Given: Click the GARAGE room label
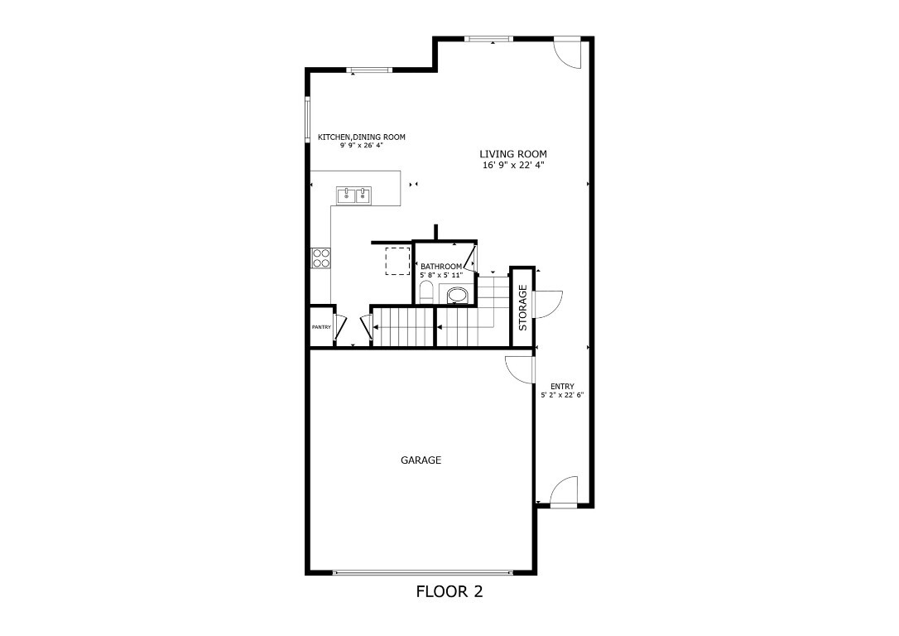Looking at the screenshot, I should pyautogui.click(x=421, y=460).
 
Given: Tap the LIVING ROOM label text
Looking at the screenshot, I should pyautogui.click(x=513, y=154).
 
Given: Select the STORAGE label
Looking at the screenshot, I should pyautogui.click(x=522, y=307).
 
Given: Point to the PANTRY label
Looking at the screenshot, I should pyautogui.click(x=321, y=327).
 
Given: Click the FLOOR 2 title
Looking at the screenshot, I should pyautogui.click(x=449, y=592).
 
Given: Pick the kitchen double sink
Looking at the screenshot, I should pyautogui.click(x=354, y=195).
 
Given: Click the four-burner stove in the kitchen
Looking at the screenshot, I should pyautogui.click(x=321, y=258).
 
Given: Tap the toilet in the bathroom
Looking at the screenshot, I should pyautogui.click(x=425, y=291).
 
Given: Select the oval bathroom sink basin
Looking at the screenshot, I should pyautogui.click(x=457, y=294).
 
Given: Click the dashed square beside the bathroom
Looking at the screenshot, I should pyautogui.click(x=397, y=260).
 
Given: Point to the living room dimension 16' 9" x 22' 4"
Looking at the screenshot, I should pyautogui.click(x=513, y=166).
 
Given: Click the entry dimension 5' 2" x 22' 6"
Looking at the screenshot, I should pyautogui.click(x=562, y=395).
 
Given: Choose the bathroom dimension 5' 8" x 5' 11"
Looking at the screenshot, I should pyautogui.click(x=440, y=275).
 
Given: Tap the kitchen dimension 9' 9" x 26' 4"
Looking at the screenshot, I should pyautogui.click(x=362, y=146).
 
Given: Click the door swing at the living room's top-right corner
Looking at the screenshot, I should pyautogui.click(x=570, y=51).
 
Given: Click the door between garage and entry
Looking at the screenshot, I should pyautogui.click(x=520, y=369).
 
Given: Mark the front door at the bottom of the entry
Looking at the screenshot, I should pyautogui.click(x=565, y=491).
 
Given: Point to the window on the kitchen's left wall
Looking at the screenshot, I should pyautogui.click(x=308, y=121).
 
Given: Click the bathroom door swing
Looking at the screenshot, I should pyautogui.click(x=469, y=258).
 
